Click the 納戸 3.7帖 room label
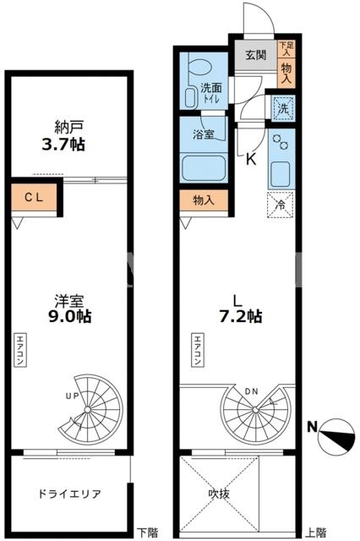pyautogui.click(x=63, y=135)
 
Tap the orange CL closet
pyautogui.click(x=34, y=197)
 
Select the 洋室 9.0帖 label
pyautogui.click(x=69, y=309)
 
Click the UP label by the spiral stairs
pyautogui.click(x=72, y=396)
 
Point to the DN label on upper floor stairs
pyautogui.click(x=251, y=392)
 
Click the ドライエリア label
pyautogui.click(x=69, y=494)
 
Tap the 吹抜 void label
pyautogui.click(x=219, y=494)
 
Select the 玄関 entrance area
pyautogui.click(x=256, y=55)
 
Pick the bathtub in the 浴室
pyautogui.click(x=204, y=168)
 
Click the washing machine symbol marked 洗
pyautogui.click(x=283, y=109)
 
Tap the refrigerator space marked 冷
pyautogui.click(x=280, y=205)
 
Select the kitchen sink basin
pyautogui.click(x=281, y=174)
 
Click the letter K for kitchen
pyautogui.click(x=251, y=159)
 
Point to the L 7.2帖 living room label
pyautogui.click(x=241, y=309)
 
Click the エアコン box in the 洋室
pyautogui.click(x=20, y=349)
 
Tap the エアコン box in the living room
pyautogui.click(x=198, y=349)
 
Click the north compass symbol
pyautogui.click(x=337, y=436)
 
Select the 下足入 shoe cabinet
pyautogui.click(x=286, y=49)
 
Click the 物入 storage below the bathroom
pyautogui.click(x=204, y=199)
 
